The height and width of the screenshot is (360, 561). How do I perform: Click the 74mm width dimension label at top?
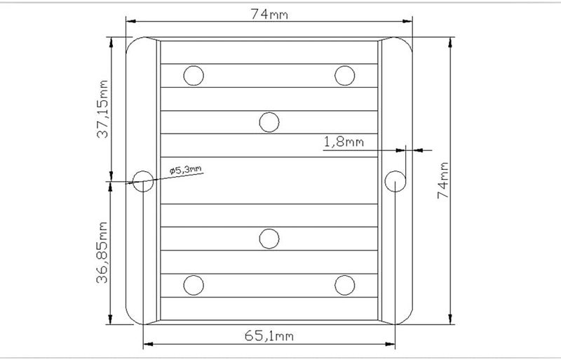[x=269, y=14]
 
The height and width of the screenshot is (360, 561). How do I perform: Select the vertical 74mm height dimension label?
[x=443, y=180]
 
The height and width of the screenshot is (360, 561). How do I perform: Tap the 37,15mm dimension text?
[x=102, y=109]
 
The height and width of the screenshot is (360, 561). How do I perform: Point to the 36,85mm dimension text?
[x=102, y=252]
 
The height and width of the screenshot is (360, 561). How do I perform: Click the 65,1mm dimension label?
[x=269, y=336]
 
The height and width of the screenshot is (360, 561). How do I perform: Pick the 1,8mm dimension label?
[x=344, y=142]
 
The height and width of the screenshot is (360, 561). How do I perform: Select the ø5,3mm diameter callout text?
[x=186, y=169]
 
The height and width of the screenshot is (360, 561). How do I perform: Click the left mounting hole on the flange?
[x=143, y=181]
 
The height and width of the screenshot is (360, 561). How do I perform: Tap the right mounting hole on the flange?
[x=395, y=181]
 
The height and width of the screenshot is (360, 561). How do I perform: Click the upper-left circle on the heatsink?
[x=194, y=76]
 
